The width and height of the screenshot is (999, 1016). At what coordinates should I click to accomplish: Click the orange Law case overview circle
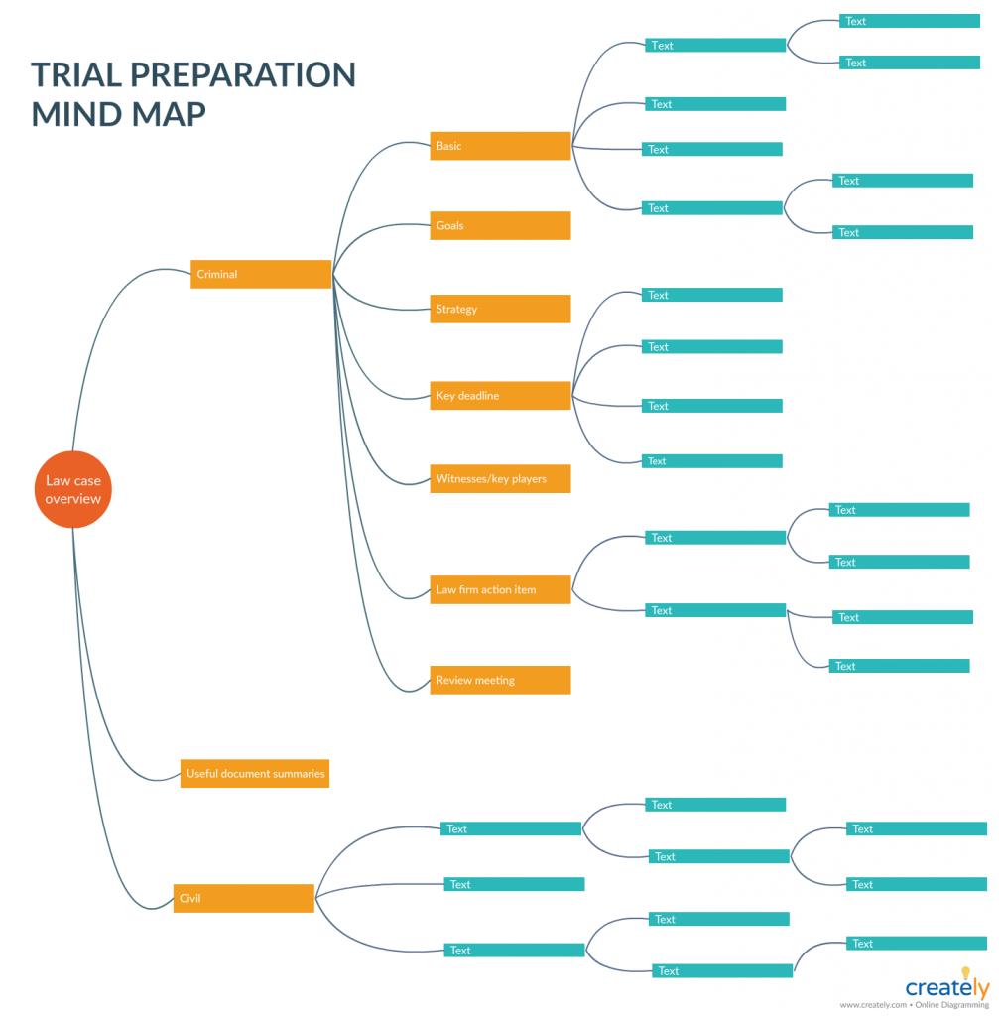(x=72, y=490)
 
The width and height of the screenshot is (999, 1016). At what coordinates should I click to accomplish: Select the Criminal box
(x=261, y=274)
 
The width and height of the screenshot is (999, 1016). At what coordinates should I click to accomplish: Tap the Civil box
(x=244, y=898)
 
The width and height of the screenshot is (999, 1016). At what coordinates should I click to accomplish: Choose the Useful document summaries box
(x=254, y=773)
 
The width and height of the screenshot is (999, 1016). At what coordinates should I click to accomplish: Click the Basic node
(x=500, y=146)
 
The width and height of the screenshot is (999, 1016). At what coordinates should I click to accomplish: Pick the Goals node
(x=500, y=225)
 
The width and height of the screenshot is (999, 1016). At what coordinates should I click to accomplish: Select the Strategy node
(x=500, y=309)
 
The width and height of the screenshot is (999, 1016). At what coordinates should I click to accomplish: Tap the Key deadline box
(x=500, y=396)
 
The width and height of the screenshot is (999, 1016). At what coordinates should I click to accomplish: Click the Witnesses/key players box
(x=500, y=479)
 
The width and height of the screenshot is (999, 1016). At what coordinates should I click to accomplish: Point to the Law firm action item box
(x=500, y=589)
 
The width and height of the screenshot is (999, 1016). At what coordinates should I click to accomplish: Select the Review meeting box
(x=500, y=680)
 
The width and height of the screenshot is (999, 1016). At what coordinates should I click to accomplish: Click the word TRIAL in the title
(x=82, y=75)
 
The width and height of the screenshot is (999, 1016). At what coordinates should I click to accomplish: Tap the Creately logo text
(x=946, y=988)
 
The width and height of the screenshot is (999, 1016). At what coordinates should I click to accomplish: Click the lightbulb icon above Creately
(x=965, y=973)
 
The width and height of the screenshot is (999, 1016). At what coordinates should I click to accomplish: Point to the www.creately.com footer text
(x=874, y=1004)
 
